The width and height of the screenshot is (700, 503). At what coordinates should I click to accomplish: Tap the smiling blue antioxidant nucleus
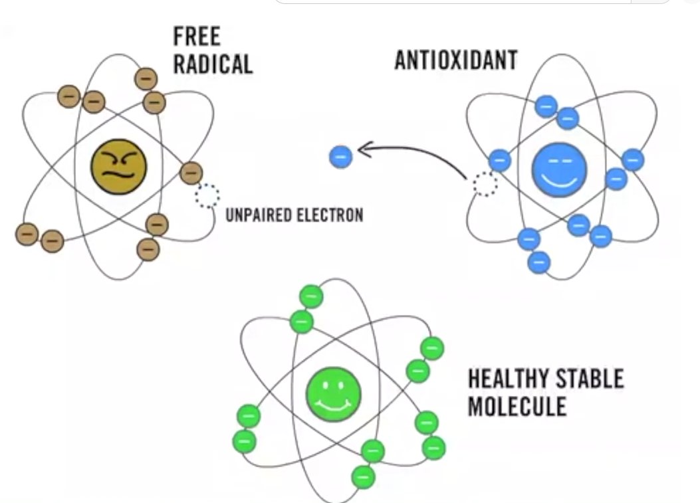(559, 169)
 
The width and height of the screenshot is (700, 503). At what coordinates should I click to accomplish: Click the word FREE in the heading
(197, 37)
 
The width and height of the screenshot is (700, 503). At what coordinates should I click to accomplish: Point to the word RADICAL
(213, 64)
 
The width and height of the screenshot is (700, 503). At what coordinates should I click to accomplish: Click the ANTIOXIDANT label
(455, 60)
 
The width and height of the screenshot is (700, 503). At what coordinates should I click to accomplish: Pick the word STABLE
(592, 379)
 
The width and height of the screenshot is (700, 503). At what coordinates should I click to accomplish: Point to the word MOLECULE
(517, 406)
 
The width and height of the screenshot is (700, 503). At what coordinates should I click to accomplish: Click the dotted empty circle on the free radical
(207, 196)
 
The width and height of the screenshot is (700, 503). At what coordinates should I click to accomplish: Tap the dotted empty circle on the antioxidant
(485, 184)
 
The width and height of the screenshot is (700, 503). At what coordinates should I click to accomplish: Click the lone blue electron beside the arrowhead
(340, 157)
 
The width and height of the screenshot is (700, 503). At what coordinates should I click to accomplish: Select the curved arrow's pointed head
(364, 151)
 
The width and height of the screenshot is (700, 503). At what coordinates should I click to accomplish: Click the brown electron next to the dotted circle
(191, 173)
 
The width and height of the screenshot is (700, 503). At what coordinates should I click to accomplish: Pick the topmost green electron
(310, 296)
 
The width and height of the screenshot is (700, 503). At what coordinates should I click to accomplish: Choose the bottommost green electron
(363, 476)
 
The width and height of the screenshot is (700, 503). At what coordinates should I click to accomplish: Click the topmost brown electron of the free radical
(146, 78)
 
